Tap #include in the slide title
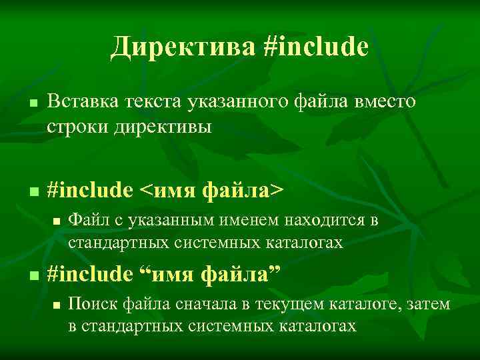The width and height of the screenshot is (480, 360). coord(316,46)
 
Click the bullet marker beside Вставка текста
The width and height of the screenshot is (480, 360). coord(33,104)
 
